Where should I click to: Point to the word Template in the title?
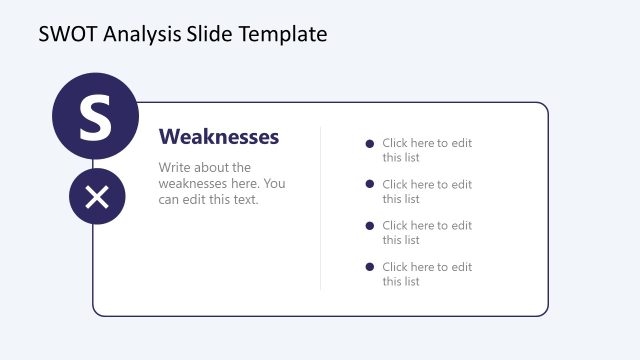(283, 34)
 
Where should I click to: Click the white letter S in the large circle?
(95, 117)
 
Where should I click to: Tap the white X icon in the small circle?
(97, 197)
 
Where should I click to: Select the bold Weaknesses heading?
(219, 137)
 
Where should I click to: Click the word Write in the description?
(176, 168)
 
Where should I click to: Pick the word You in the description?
(275, 184)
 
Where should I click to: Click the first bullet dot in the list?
(370, 144)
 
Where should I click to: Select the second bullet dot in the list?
(370, 185)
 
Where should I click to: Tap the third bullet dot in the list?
(370, 226)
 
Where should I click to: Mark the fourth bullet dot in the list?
(370, 267)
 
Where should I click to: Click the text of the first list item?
(426, 150)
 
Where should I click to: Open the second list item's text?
(426, 191)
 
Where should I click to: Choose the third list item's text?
(426, 233)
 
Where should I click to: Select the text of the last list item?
(426, 274)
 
